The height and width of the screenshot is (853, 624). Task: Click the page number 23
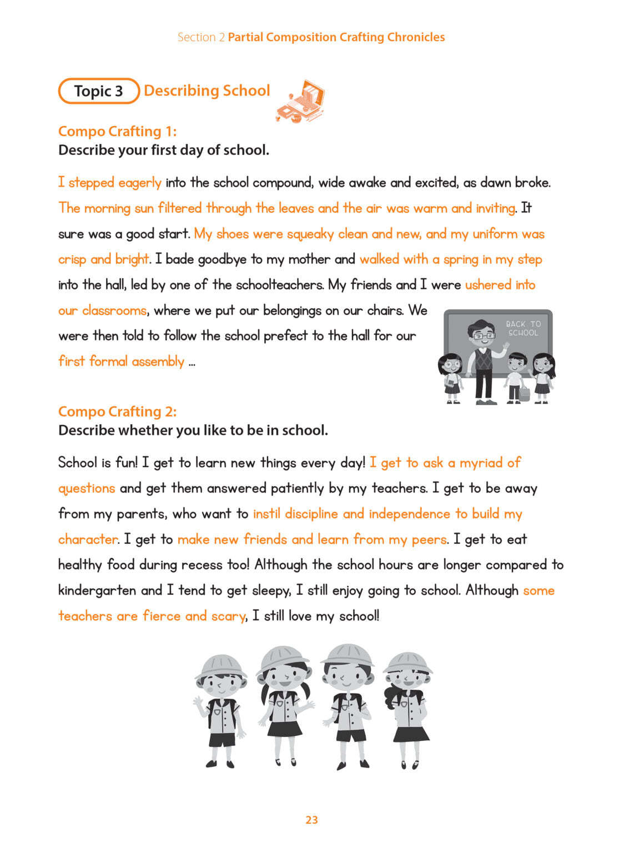pos(311,820)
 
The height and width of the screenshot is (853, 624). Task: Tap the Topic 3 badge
pos(98,91)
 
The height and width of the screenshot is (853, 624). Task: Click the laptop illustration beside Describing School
pos(300,101)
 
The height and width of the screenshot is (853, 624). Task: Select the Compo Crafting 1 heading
pos(117,131)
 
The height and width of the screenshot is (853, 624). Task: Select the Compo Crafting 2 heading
pos(117,412)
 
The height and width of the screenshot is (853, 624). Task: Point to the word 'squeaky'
pos(310,234)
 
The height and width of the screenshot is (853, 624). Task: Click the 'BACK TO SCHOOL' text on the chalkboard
pos(523,328)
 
